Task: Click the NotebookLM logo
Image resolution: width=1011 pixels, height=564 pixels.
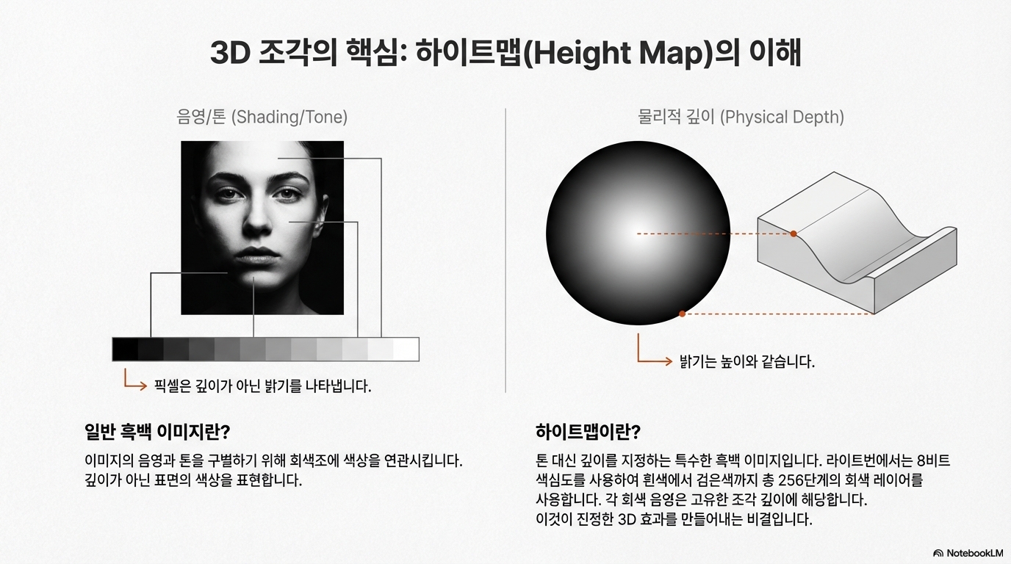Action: (x=968, y=553)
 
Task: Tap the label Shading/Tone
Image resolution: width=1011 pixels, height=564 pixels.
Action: (x=289, y=117)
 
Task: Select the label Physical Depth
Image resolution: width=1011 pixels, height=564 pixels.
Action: (x=782, y=117)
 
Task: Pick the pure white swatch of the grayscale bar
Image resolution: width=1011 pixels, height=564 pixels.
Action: (x=406, y=350)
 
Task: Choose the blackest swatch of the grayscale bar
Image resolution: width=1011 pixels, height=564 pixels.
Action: (x=125, y=350)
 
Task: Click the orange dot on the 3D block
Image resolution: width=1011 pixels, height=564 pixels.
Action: (x=793, y=234)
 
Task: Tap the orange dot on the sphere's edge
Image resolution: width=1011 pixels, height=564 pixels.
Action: (x=682, y=314)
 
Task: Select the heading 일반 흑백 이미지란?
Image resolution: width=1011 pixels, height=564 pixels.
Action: (x=157, y=432)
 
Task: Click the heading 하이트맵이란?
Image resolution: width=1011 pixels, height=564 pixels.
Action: (x=588, y=432)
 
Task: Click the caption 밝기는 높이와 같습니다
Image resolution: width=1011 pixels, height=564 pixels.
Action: (x=747, y=361)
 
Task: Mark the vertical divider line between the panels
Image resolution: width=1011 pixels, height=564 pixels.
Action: (x=505, y=250)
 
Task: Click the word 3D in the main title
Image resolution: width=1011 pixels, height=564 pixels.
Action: (x=230, y=54)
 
